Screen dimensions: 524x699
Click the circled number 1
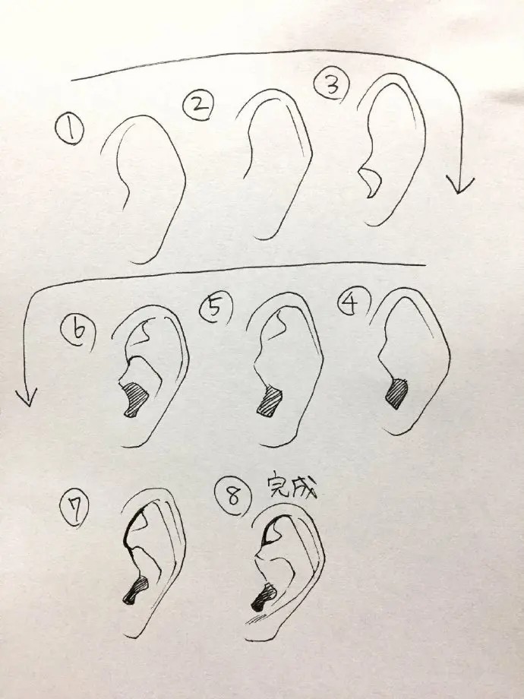[x=69, y=128]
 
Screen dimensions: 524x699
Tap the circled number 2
[x=198, y=105]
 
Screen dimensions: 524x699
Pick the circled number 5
[x=216, y=308]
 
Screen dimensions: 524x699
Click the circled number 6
[x=79, y=331]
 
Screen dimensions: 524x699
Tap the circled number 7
[x=74, y=510]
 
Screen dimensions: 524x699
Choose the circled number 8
[x=232, y=496]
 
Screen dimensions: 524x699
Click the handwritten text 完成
[x=292, y=486]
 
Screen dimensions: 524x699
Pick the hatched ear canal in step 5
[x=270, y=402]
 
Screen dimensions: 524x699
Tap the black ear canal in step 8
[x=264, y=597]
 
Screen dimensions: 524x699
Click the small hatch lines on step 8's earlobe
[x=255, y=618]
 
